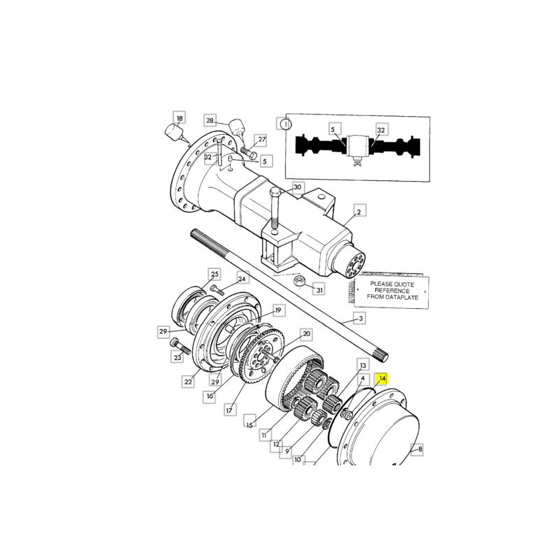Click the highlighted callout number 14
382,378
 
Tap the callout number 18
180,118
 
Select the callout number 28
210,120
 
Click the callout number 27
261,139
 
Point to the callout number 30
297,187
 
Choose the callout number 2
359,212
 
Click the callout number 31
319,290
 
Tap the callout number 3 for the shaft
361,319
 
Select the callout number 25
215,274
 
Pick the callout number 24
242,278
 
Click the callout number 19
278,310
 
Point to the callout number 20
306,334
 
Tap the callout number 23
177,357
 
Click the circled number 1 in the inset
285,124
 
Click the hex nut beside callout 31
300,280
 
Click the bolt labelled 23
180,345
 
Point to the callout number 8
420,449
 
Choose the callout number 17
229,410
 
